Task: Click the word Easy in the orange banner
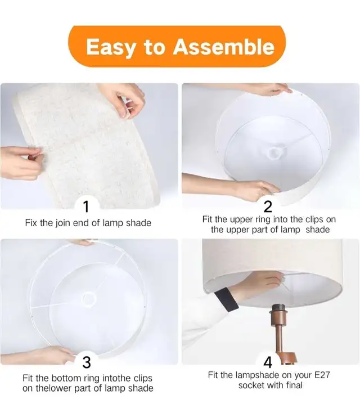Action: tap(111, 47)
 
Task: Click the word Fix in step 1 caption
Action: tap(31, 223)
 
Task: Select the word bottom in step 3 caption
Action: tap(72, 378)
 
